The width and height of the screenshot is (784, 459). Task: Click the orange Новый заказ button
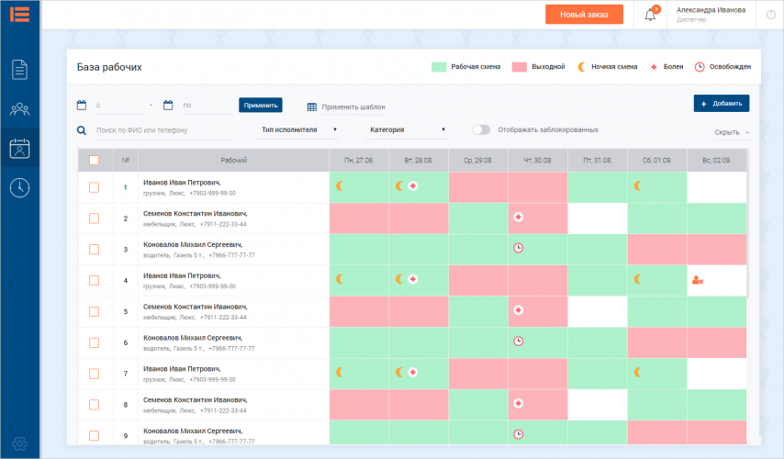coord(584,15)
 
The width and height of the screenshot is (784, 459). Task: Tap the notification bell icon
coord(650,15)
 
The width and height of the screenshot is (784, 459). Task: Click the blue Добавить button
coord(722,104)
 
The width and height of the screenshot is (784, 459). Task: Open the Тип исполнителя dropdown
coord(298,130)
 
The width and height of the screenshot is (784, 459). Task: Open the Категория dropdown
coord(407,130)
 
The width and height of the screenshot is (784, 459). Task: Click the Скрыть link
coord(731,132)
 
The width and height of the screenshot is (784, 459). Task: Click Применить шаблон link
coord(346,106)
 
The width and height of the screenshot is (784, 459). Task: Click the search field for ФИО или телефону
coord(161,131)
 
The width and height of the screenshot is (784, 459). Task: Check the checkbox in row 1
coord(94,187)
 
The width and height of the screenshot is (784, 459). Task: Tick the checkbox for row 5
coord(94,311)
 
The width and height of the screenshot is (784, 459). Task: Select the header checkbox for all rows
coord(94,160)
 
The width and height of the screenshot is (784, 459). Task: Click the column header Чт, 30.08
coord(537,161)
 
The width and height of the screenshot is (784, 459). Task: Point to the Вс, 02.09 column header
coord(715,161)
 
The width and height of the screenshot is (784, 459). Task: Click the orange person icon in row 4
coord(698,280)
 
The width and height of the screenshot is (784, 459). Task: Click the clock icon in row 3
coord(519,248)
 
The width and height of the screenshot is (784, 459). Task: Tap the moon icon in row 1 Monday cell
coord(339,185)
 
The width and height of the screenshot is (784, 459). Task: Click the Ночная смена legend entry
coord(608,67)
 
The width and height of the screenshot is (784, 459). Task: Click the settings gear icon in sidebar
coord(20,444)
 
